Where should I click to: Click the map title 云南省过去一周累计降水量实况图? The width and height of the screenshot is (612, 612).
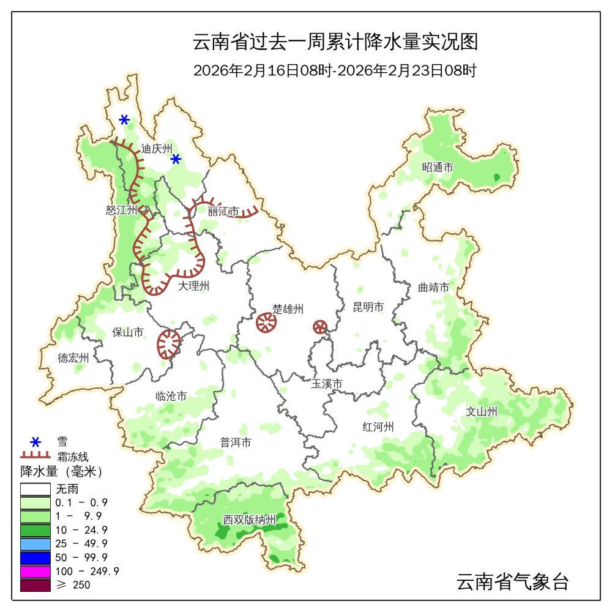coord(335,43)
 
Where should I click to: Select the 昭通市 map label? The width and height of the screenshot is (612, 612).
coord(438,167)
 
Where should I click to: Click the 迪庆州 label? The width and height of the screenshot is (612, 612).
coord(157,148)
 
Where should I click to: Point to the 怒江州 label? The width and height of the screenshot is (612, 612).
coord(121,210)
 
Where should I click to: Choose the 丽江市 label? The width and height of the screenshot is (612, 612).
coord(223,212)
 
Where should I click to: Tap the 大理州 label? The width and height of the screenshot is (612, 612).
coord(194,286)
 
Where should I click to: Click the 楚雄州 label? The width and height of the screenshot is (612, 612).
coord(288,309)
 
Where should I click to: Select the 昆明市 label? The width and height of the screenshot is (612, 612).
coord(368,307)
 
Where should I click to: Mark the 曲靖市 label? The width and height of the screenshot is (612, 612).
coord(434,287)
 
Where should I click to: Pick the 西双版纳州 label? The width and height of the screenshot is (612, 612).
coord(250,520)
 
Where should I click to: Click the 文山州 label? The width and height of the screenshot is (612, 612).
coord(482,411)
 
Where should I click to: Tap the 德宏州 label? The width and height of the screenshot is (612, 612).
coord(73,358)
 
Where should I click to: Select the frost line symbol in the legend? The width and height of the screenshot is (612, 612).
coord(35,456)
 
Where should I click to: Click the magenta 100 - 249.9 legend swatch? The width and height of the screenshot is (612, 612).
coord(35,571)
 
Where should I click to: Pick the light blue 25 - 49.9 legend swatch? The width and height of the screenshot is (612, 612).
coord(35,543)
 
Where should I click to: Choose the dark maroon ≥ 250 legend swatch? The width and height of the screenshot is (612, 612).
coord(35,585)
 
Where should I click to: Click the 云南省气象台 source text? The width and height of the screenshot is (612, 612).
coord(513,581)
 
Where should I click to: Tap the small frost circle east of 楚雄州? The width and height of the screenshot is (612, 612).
coord(320,327)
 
